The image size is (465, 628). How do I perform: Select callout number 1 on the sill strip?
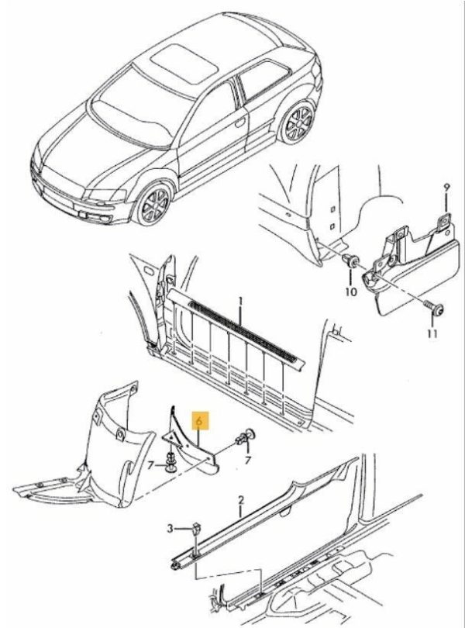point(240,300)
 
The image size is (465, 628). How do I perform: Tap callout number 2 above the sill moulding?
point(240,500)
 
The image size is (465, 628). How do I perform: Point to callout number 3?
point(170,529)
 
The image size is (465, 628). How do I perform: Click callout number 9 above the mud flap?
point(447,188)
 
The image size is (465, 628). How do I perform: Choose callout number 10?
point(351,292)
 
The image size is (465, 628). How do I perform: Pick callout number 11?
point(432,333)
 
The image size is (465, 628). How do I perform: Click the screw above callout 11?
point(434,309)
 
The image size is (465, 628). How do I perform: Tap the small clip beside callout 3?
point(196,530)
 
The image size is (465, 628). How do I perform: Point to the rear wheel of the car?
point(298,122)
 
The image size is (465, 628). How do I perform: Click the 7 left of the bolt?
point(150,465)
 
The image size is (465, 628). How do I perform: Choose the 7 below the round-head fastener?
point(248,461)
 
